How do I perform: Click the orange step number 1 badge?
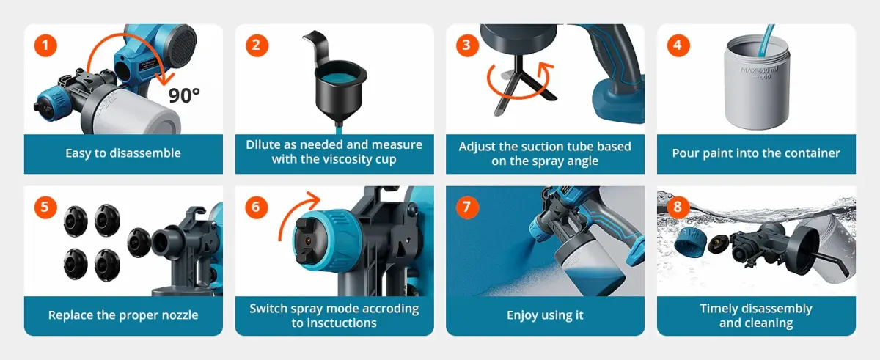coord(45,45)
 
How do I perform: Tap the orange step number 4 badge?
coord(678,45)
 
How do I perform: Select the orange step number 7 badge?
coord(467,207)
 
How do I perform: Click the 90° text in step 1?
coord(184,95)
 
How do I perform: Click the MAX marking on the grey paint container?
coord(749,70)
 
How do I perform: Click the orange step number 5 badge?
coord(45,207)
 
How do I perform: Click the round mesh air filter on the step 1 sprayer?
coord(183,43)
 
